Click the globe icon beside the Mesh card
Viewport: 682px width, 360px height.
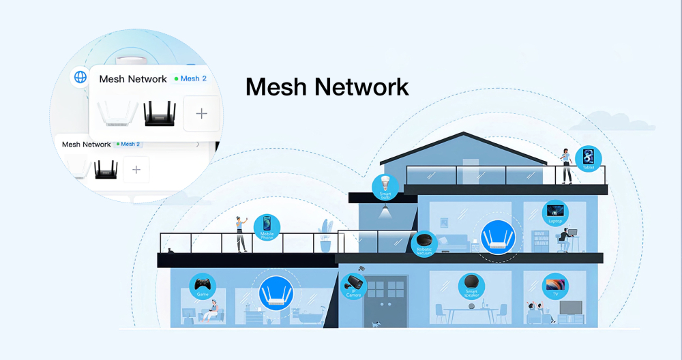pyautogui.click(x=80, y=76)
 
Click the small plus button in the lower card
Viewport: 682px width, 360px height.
pyautogui.click(x=136, y=169)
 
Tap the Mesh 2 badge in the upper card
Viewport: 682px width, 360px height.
pyautogui.click(x=190, y=78)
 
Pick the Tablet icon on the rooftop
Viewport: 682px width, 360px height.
pyautogui.click(x=589, y=159)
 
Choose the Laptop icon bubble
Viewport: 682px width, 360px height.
pyautogui.click(x=555, y=212)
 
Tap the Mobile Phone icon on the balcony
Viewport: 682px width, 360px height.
pyautogui.click(x=267, y=227)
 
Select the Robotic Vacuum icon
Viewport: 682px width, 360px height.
pyautogui.click(x=425, y=243)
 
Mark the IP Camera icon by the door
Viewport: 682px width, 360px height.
pyautogui.click(x=353, y=285)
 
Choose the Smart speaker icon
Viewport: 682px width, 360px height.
pyautogui.click(x=471, y=284)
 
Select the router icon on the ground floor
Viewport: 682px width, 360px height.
pyautogui.click(x=274, y=293)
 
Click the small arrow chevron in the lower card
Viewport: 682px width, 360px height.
pyautogui.click(x=198, y=145)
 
